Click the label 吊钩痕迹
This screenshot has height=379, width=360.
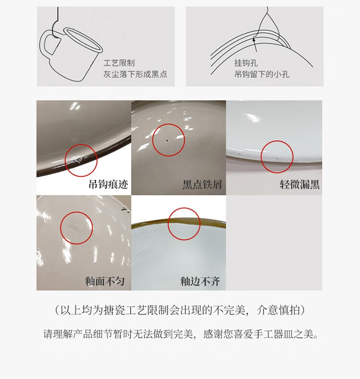point(108,184)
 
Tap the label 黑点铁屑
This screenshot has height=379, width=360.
point(202,184)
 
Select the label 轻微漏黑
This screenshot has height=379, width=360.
point(300,184)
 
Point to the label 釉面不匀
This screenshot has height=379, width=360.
point(105,281)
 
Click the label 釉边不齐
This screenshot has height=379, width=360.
point(200,281)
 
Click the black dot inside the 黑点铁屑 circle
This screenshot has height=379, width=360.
point(167,140)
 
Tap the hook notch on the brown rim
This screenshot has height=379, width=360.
point(79,160)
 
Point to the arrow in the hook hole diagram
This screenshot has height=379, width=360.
point(255,45)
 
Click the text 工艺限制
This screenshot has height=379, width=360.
point(119,63)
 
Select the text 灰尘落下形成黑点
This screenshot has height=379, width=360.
point(135,74)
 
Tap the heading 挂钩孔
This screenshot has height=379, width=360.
point(246,63)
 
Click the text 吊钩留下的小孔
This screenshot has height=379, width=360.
point(262,74)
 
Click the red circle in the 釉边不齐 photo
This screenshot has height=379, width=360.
point(168,224)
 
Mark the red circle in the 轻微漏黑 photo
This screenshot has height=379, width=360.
point(261,157)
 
